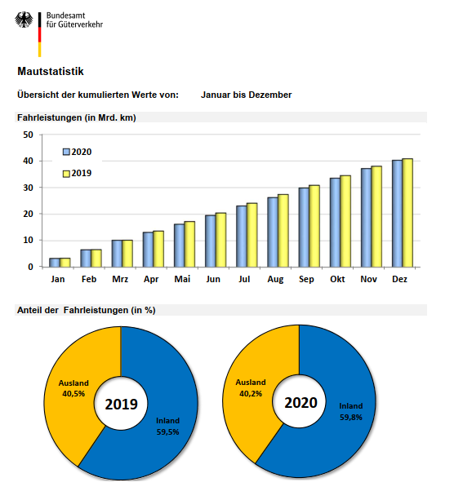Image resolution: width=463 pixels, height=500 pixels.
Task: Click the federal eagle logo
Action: (x=24, y=20)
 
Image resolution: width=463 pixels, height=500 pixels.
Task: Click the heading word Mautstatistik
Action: (x=51, y=71)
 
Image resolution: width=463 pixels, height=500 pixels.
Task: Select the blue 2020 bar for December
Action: (x=397, y=214)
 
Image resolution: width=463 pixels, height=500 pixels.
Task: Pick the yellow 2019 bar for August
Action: (x=283, y=231)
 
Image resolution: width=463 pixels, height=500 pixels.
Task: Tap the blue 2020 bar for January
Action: (x=54, y=263)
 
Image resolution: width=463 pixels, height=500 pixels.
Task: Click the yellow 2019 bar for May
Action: (x=189, y=244)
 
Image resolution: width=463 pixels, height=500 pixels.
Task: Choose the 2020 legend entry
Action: (x=78, y=152)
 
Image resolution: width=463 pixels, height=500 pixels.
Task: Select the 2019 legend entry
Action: (x=78, y=173)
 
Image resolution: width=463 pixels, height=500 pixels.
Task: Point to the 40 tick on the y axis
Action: (x=28, y=161)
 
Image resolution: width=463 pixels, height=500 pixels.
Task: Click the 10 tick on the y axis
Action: (x=28, y=240)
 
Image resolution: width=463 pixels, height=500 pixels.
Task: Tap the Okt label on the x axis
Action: (x=337, y=279)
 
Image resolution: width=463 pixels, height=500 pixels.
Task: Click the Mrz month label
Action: (x=120, y=279)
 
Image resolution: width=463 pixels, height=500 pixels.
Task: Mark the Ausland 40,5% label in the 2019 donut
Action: (x=73, y=388)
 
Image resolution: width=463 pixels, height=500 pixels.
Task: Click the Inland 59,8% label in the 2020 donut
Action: (x=351, y=412)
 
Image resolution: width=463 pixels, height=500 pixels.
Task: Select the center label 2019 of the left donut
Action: (x=122, y=404)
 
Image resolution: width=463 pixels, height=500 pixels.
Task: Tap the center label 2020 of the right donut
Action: (x=301, y=402)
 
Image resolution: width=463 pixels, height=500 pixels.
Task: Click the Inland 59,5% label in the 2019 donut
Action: (x=167, y=427)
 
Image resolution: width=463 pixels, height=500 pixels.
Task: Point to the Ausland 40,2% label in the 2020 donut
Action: (x=251, y=387)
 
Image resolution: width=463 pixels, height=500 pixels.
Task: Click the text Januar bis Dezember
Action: (x=246, y=95)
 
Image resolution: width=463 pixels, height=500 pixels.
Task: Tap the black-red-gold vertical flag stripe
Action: (x=39, y=34)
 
